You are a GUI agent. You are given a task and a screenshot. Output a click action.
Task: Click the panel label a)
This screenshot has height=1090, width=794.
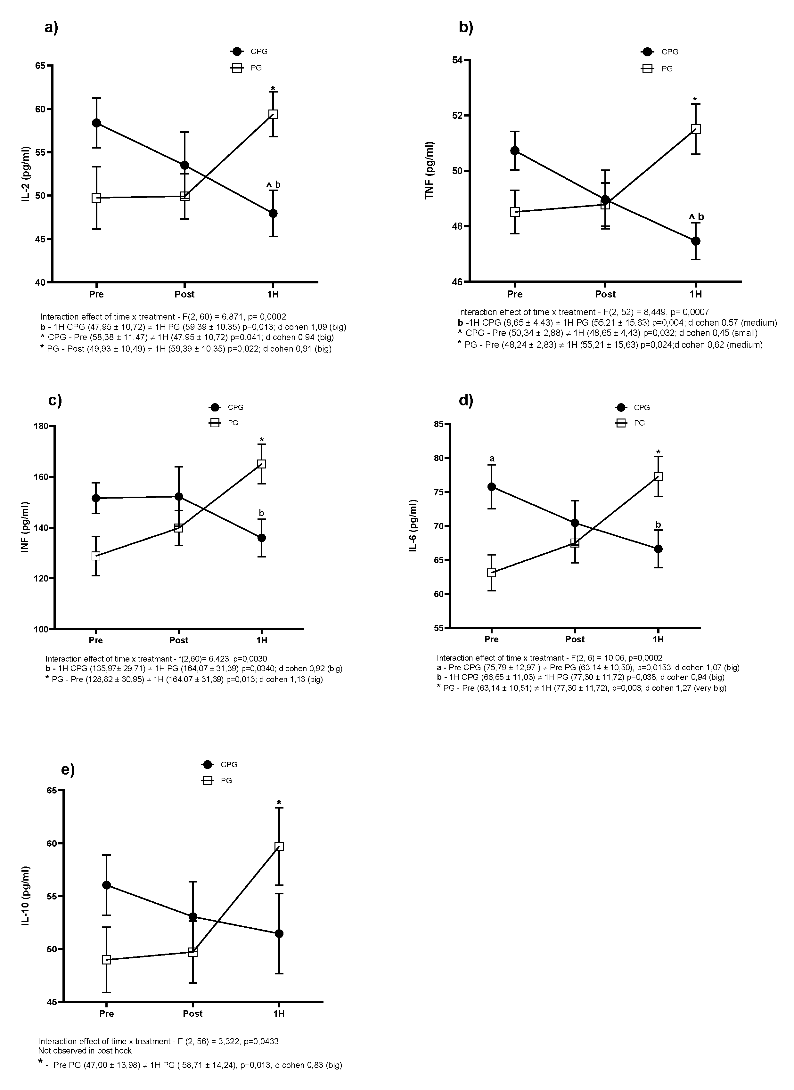tap(51, 28)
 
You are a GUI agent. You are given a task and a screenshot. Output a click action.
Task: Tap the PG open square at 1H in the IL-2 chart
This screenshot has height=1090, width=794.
tap(273, 114)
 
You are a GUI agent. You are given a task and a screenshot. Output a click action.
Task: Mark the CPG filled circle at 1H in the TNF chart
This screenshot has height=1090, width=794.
tap(695, 241)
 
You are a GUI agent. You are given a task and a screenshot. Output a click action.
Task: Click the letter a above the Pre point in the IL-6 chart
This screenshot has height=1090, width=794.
tap(492, 459)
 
